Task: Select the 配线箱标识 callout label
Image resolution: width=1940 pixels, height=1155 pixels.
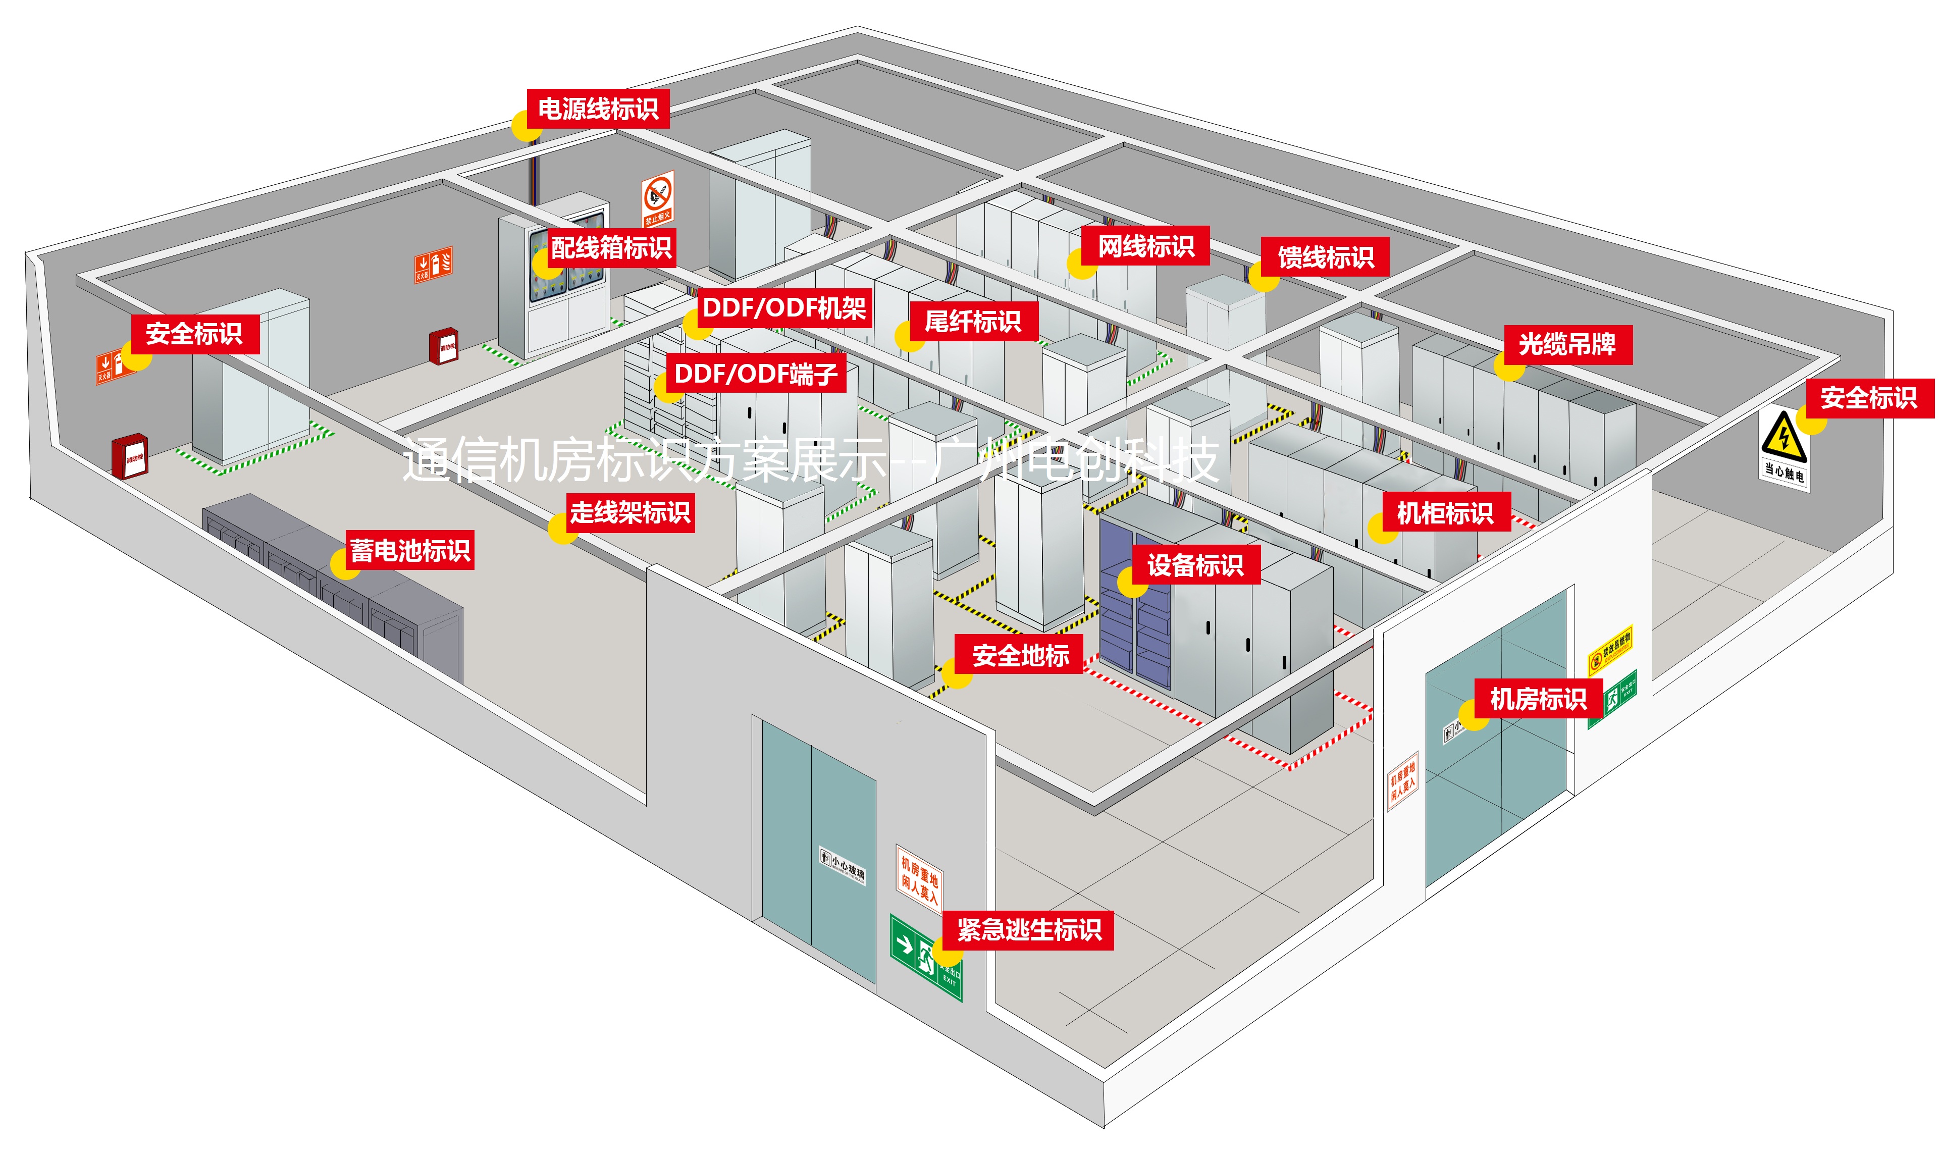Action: [x=611, y=247]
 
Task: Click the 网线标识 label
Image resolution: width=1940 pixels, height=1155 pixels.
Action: [x=1145, y=246]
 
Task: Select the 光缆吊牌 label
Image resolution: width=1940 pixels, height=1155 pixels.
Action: [x=1566, y=344]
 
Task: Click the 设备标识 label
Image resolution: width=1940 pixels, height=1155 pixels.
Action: [x=1194, y=565]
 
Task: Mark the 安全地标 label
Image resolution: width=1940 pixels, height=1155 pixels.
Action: [x=1019, y=655]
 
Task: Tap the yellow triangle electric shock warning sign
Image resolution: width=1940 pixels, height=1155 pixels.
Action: [x=1783, y=436]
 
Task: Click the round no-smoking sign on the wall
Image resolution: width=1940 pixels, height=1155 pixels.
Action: [x=658, y=191]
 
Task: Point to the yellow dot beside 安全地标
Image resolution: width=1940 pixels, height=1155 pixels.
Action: [x=957, y=674]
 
